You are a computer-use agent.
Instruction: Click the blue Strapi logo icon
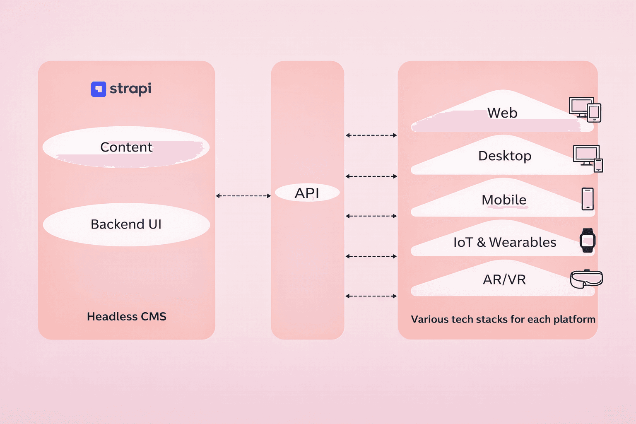pyautogui.click(x=99, y=89)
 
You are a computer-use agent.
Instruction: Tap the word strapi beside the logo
pyautogui.click(x=130, y=89)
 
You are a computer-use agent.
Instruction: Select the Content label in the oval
pyautogui.click(x=126, y=147)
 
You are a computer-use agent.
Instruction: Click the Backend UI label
pyautogui.click(x=126, y=224)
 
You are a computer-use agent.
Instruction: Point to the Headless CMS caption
pyautogui.click(x=126, y=316)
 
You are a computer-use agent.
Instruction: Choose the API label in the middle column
pyautogui.click(x=307, y=193)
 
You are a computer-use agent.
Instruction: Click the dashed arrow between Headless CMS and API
pyautogui.click(x=243, y=196)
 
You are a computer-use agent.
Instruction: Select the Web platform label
pyautogui.click(x=502, y=113)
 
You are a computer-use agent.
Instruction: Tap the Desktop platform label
pyautogui.click(x=505, y=156)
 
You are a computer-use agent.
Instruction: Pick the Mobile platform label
pyautogui.click(x=504, y=200)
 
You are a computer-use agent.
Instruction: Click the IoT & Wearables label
pyautogui.click(x=505, y=242)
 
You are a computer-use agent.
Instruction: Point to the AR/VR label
pyautogui.click(x=504, y=279)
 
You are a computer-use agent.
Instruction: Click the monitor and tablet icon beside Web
pyautogui.click(x=585, y=109)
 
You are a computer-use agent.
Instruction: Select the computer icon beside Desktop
pyautogui.click(x=588, y=158)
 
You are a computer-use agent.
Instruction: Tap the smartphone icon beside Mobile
pyautogui.click(x=588, y=199)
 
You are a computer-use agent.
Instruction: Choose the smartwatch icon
pyautogui.click(x=587, y=240)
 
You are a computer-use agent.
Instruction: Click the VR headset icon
pyautogui.click(x=586, y=279)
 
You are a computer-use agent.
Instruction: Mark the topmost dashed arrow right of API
pyautogui.click(x=371, y=135)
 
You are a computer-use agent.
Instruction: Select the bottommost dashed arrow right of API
pyautogui.click(x=371, y=296)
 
